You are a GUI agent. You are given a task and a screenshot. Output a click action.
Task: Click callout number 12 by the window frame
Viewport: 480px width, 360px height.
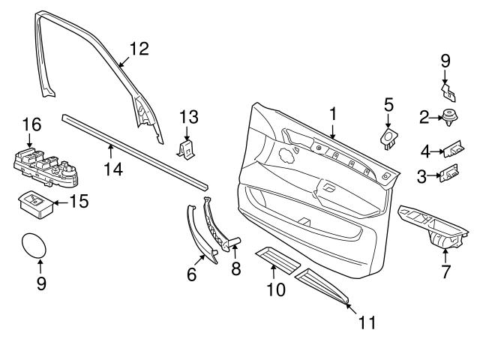139,49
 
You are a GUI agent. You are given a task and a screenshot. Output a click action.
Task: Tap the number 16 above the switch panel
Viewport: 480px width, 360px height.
30,124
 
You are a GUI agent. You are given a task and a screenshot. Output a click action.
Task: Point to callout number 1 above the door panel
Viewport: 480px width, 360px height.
333,114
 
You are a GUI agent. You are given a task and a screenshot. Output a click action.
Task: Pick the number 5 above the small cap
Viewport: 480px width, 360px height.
388,104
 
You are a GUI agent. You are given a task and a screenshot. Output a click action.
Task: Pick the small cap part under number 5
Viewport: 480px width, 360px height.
389,137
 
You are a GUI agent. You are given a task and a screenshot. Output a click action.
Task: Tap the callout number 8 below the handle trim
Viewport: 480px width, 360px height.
235,268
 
